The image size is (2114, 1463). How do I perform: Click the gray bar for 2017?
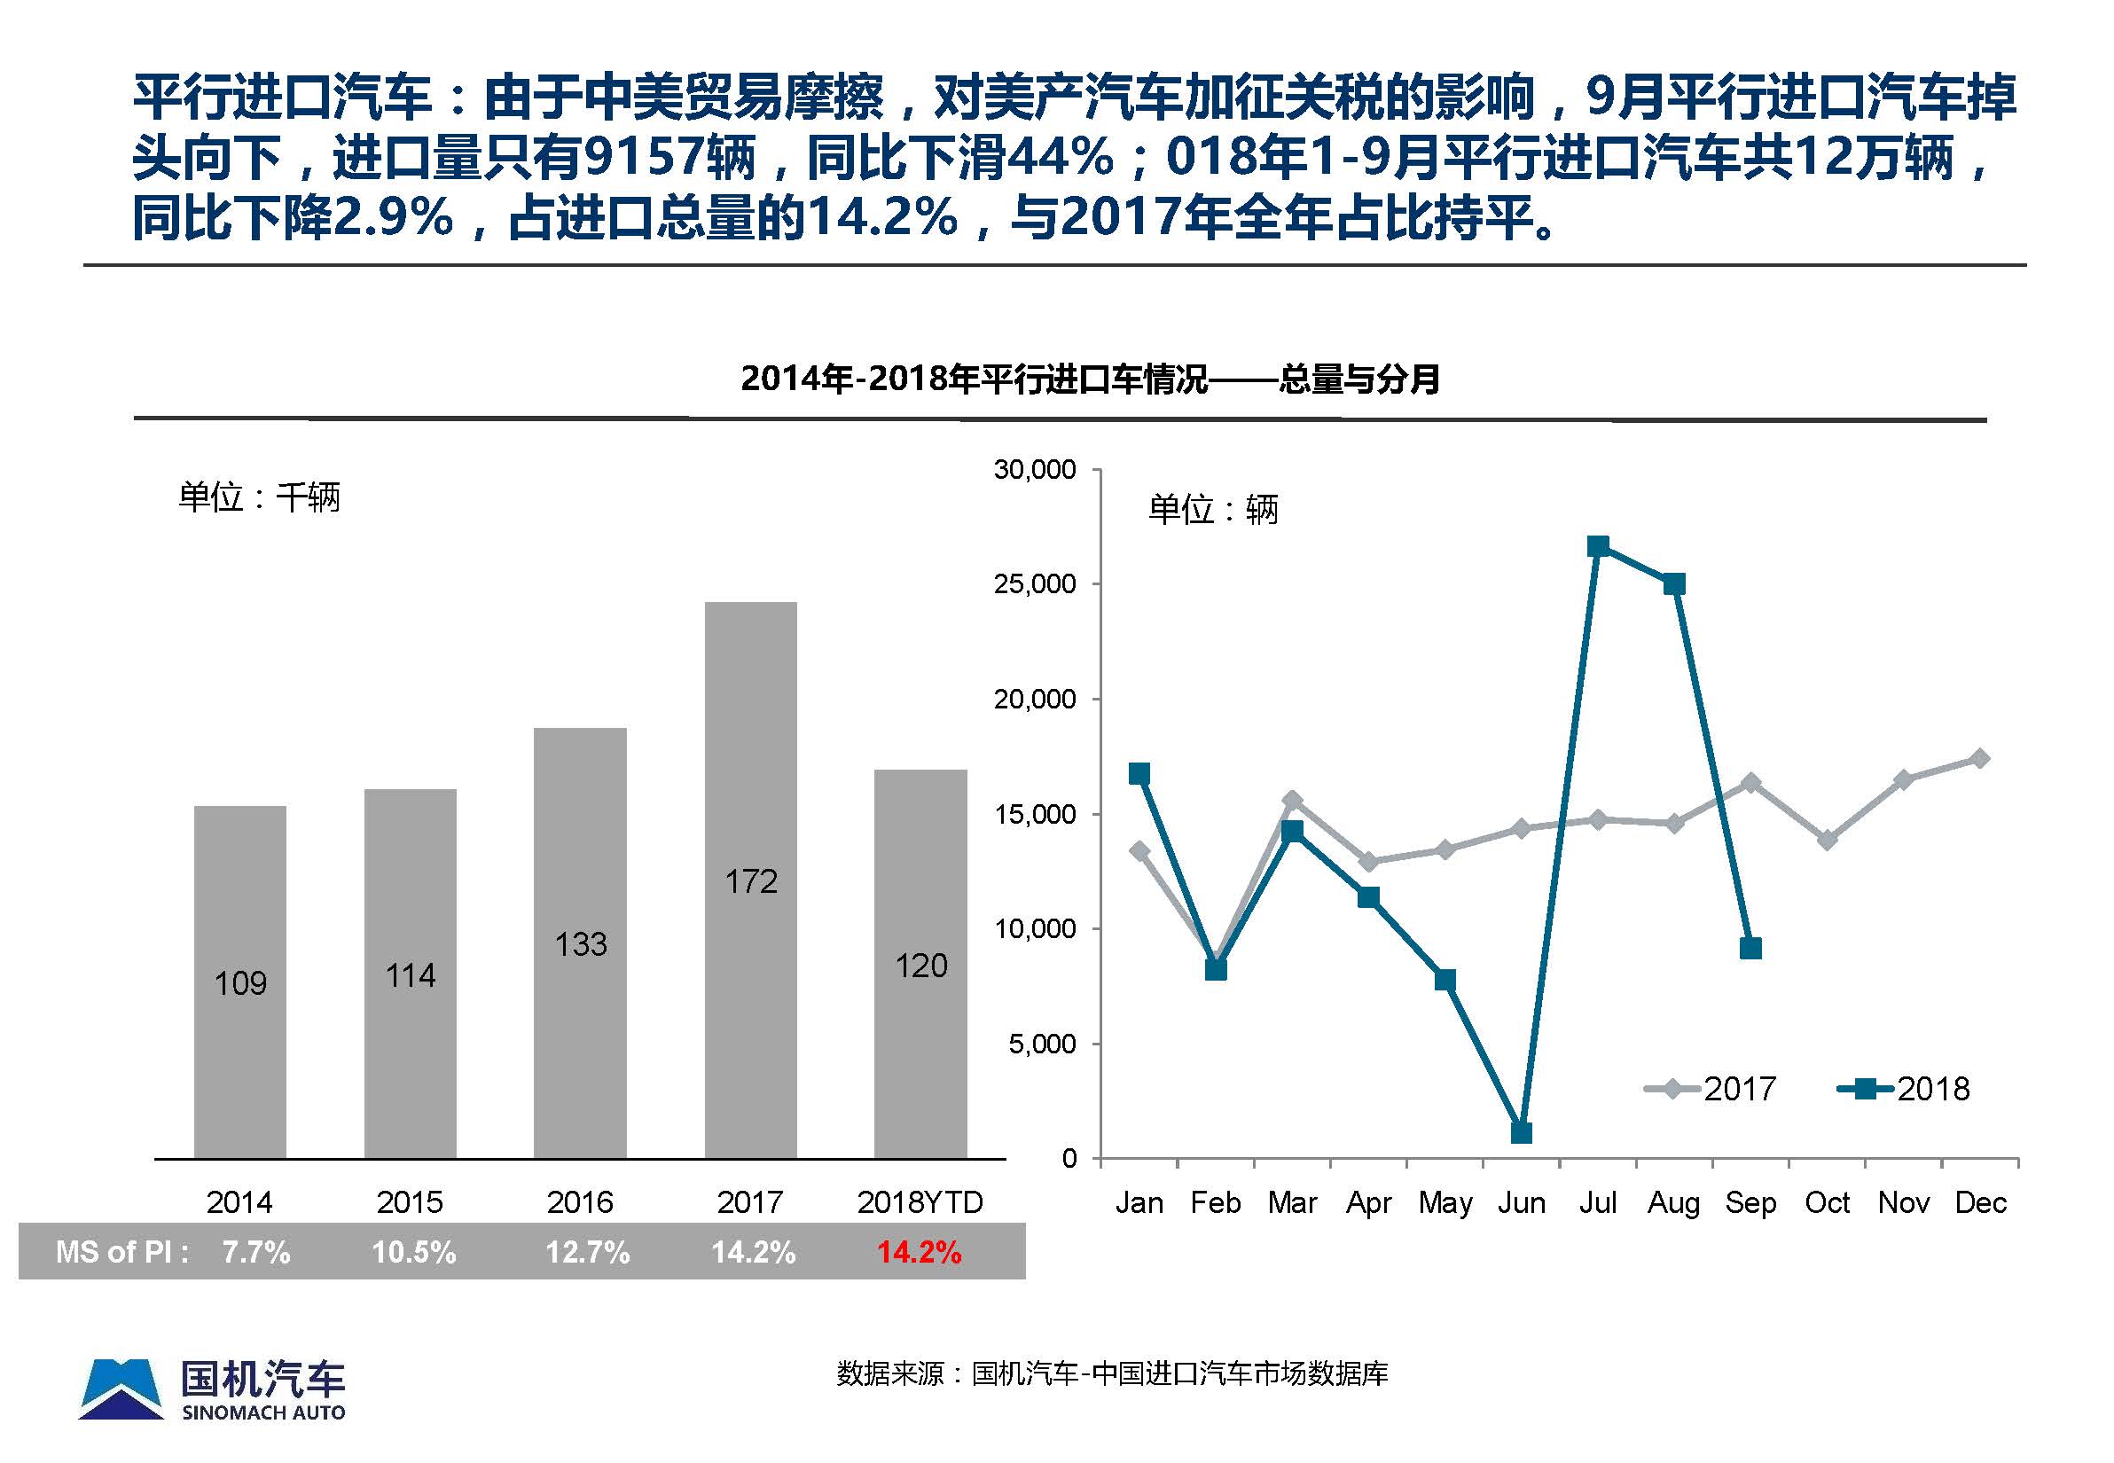pos(750,880)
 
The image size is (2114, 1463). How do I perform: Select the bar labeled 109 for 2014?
pos(240,982)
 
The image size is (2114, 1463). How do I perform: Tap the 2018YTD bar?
pos(920,964)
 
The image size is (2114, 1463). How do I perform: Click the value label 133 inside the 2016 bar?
pos(580,944)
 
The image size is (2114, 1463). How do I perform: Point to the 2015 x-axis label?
pos(410,1201)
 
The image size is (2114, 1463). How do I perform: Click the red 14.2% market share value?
pos(919,1252)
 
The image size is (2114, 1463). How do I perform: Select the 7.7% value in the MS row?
pos(255,1252)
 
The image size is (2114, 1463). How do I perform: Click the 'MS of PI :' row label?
pos(121,1252)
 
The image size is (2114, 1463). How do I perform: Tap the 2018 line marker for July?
pos(1598,546)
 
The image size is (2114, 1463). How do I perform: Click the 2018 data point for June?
pos(1521,1133)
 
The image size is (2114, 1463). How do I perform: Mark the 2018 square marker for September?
pos(1750,948)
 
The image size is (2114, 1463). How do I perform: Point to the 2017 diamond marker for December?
pos(1980,758)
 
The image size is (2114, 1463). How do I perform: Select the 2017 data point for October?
pos(1827,839)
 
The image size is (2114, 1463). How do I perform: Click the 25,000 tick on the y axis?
pos(1035,584)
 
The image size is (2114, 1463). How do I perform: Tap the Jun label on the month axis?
pos(1521,1201)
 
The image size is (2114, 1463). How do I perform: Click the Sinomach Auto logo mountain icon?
pos(121,1389)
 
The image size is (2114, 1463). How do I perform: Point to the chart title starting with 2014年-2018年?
pos(1090,378)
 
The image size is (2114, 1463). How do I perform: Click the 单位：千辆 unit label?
pos(260,497)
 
